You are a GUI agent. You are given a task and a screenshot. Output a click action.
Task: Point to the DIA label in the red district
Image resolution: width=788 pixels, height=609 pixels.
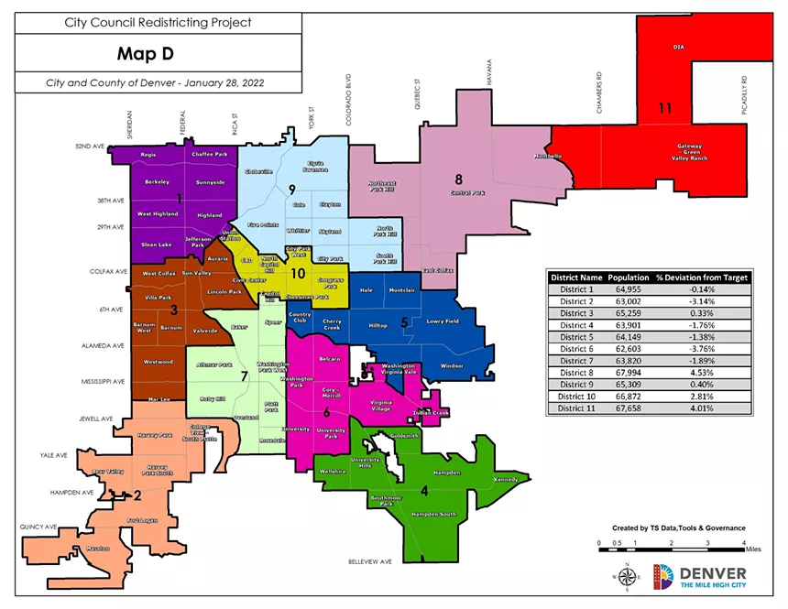(x=679, y=45)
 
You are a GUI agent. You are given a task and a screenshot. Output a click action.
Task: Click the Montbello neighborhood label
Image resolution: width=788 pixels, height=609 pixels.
(x=549, y=156)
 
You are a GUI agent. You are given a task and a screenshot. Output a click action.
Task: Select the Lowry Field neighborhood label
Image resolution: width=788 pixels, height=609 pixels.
(x=442, y=321)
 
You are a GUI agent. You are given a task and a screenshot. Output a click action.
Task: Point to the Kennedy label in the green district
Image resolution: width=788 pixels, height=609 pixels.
(x=505, y=479)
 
